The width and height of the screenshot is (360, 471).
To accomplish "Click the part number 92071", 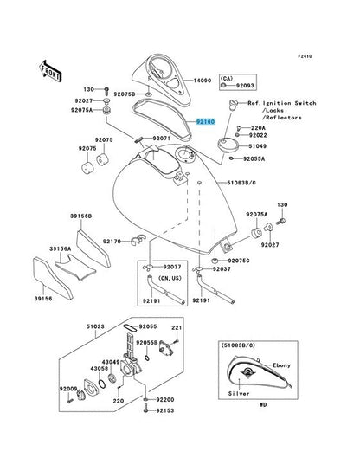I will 164,139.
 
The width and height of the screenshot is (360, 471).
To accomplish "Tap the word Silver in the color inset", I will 239,394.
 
